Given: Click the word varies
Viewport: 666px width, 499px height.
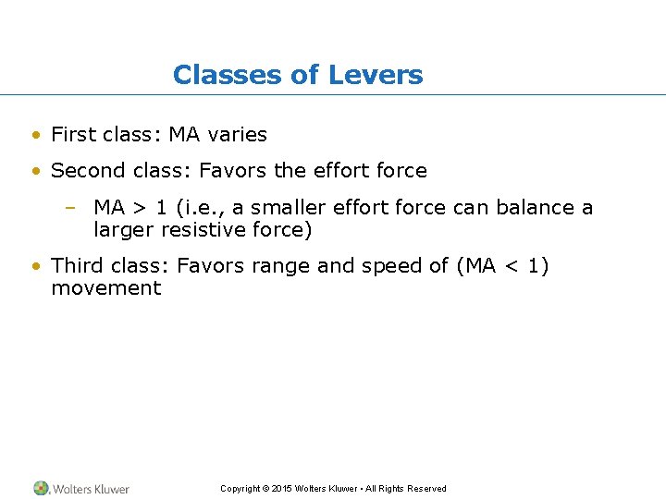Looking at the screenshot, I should (238, 134).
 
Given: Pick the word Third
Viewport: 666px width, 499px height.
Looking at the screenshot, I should (76, 266).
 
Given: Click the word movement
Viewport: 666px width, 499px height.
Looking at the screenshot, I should (105, 288).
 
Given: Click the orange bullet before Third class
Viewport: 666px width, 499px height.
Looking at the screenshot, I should (35, 267).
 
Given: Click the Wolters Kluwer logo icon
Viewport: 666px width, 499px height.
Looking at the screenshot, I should (42, 488).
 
